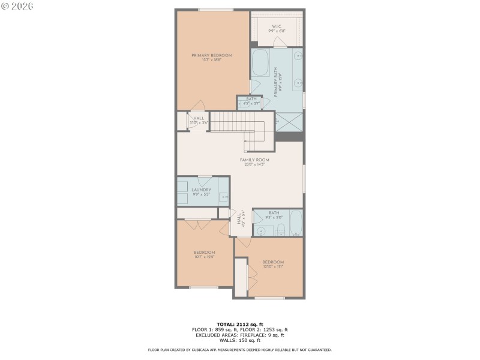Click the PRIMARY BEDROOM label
[212, 56]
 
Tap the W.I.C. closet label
[277, 26]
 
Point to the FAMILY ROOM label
[254, 160]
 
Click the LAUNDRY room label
[201, 190]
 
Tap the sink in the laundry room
[223, 196]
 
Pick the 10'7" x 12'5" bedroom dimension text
[204, 257]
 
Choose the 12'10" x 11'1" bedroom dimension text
[273, 267]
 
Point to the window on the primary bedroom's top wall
[216, 10]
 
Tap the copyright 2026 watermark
[17, 5]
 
